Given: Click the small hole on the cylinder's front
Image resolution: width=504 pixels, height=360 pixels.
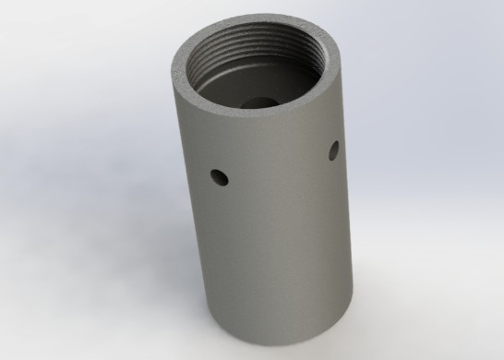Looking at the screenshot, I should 218,174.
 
